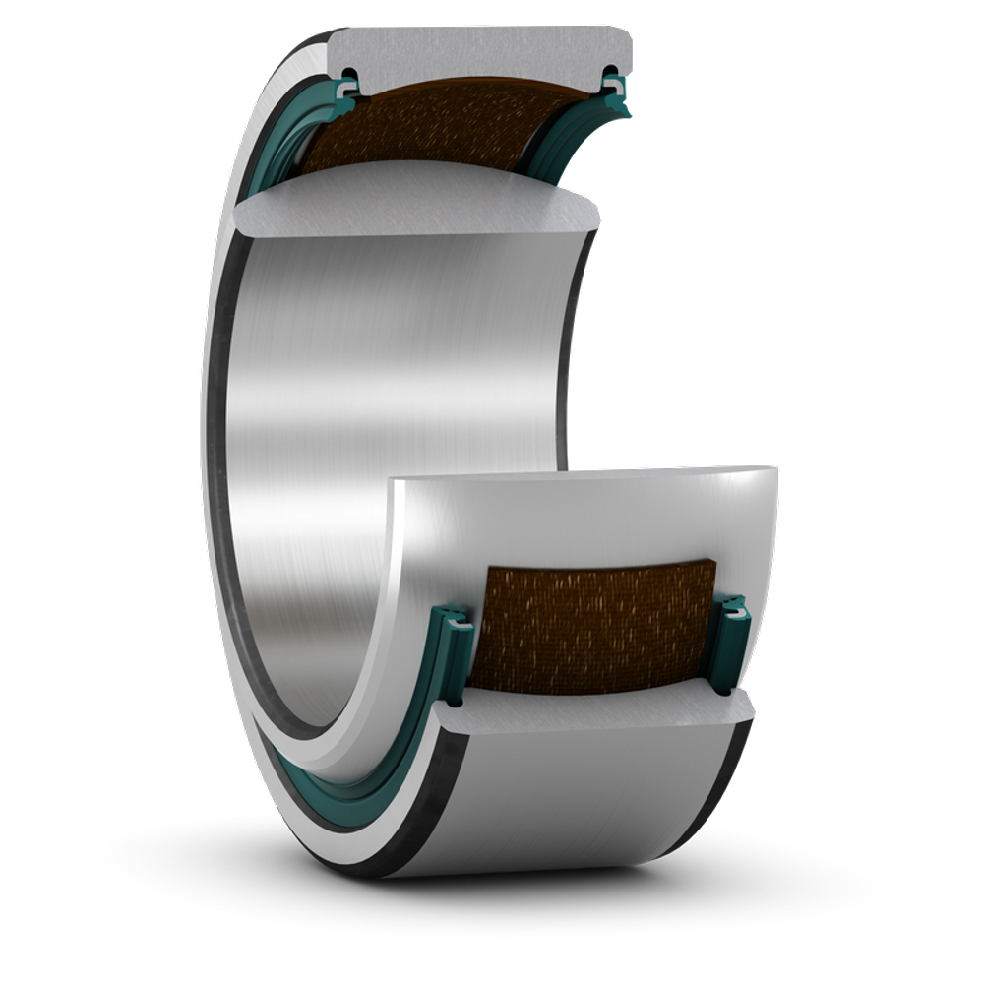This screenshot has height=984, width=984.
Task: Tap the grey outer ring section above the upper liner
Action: coord(482,49)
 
